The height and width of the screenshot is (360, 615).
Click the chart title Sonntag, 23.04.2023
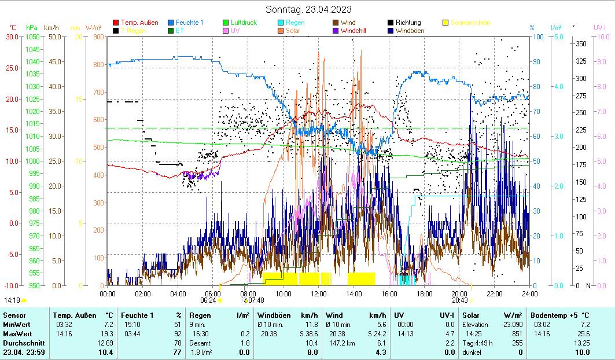click(x=308, y=9)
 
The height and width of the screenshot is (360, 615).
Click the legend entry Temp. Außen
click(x=139, y=23)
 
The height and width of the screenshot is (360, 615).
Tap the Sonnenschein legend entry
click(x=470, y=23)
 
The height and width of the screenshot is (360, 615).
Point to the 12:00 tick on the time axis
click(x=319, y=293)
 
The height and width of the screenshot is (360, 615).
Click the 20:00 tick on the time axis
click(x=459, y=293)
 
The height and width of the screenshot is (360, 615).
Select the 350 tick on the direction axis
click(x=581, y=44)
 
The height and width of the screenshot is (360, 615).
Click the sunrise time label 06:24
click(x=208, y=300)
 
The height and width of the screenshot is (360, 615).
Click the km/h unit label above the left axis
click(x=51, y=27)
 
